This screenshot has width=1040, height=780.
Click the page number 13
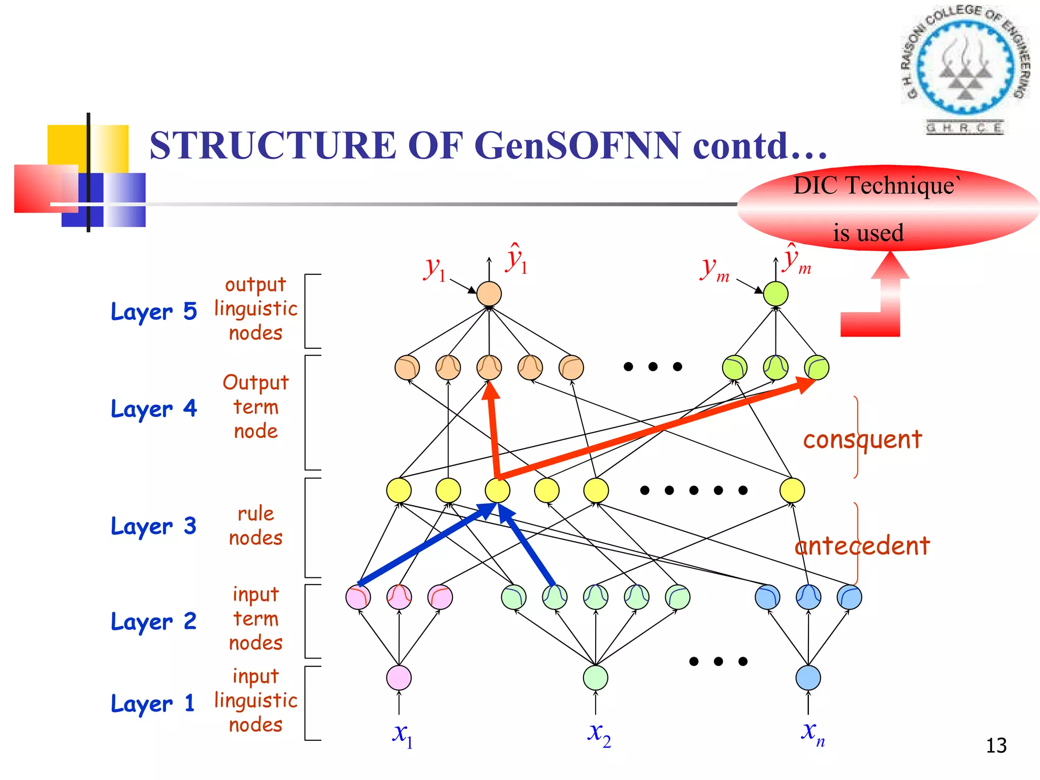click(996, 745)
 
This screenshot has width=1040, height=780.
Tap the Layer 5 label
click(153, 311)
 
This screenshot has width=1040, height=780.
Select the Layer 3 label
click(153, 526)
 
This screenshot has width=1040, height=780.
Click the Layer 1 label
click(152, 704)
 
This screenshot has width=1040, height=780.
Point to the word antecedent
click(862, 546)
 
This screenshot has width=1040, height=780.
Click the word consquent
click(862, 439)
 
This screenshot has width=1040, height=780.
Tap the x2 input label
click(599, 734)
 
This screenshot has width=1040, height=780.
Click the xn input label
click(812, 733)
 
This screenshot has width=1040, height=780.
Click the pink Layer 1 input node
click(399, 678)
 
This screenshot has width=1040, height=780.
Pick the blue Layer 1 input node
click(808, 678)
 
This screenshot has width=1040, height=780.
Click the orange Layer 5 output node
click(489, 294)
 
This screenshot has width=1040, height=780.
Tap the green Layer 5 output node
click(775, 294)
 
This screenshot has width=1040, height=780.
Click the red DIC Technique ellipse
click(888, 209)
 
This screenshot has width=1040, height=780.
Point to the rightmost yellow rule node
click(792, 490)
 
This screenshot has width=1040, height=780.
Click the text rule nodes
click(255, 526)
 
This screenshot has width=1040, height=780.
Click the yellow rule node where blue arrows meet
click(497, 490)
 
